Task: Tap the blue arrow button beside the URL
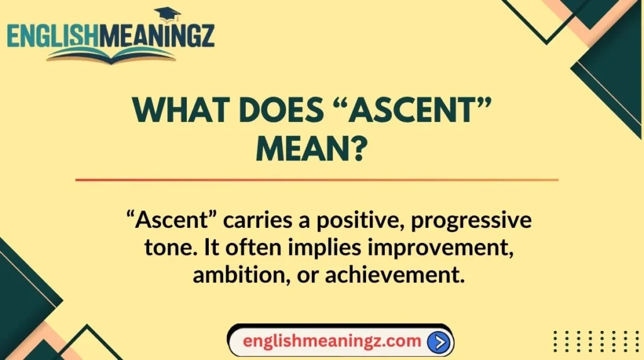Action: point(439,342)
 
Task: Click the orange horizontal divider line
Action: point(317,179)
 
